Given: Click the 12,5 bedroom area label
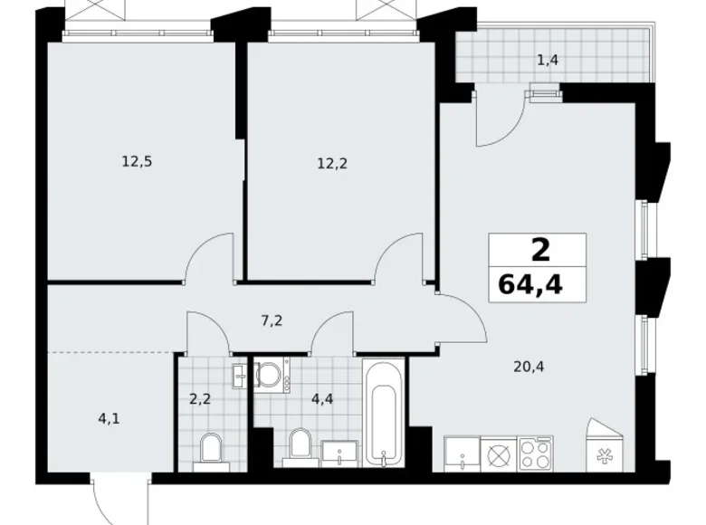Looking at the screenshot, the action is pyautogui.click(x=137, y=161).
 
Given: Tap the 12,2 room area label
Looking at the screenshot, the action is pyautogui.click(x=332, y=164).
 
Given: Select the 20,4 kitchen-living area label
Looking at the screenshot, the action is pyautogui.click(x=529, y=367).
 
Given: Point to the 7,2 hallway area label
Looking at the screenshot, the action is pyautogui.click(x=272, y=320).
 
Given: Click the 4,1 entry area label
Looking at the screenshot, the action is pyautogui.click(x=109, y=419).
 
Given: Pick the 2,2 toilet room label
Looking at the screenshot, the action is pyautogui.click(x=200, y=398).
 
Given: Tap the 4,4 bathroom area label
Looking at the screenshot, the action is pyautogui.click(x=322, y=398).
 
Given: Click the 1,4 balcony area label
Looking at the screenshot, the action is pyautogui.click(x=548, y=59).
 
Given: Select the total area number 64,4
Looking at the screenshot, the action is pyautogui.click(x=530, y=285).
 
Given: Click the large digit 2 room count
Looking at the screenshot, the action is pyautogui.click(x=540, y=251).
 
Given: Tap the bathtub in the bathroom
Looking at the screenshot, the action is pyautogui.click(x=385, y=413).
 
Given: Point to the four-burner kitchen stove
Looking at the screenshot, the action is pyautogui.click(x=535, y=453).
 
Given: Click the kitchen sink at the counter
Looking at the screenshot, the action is pyautogui.click(x=462, y=453).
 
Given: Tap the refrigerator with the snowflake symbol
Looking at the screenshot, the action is pyautogui.click(x=606, y=445).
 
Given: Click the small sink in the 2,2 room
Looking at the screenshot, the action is pyautogui.click(x=240, y=377).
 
